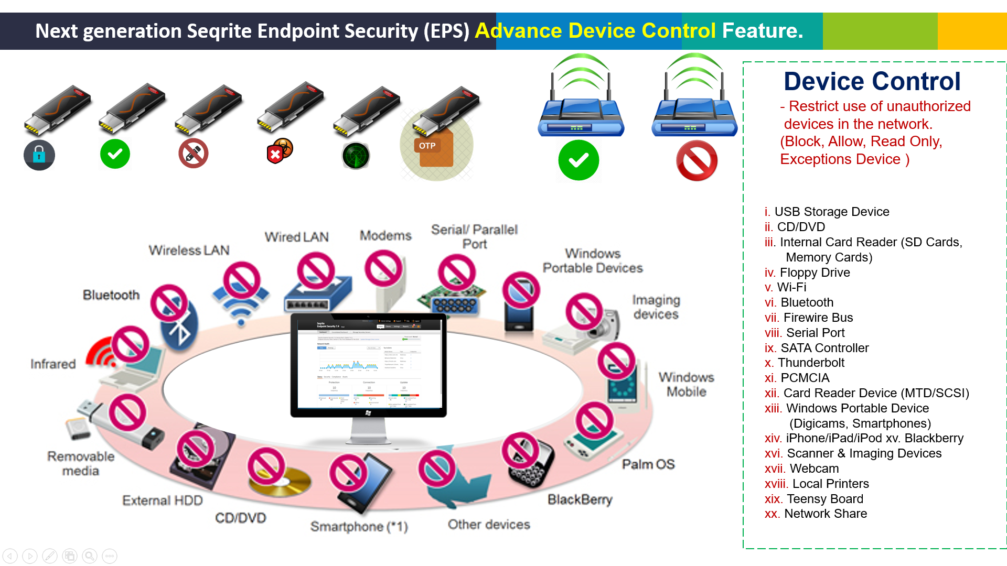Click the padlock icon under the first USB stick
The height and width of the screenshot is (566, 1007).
[39, 155]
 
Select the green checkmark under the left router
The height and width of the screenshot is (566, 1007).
[579, 160]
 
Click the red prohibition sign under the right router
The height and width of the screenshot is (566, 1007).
[697, 161]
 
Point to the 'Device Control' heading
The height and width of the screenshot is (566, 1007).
[872, 82]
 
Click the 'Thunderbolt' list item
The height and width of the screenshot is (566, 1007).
[811, 363]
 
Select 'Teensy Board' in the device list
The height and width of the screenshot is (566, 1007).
[824, 499]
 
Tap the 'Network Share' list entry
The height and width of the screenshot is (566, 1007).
[825, 514]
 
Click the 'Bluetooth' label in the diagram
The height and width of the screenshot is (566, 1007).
[111, 295]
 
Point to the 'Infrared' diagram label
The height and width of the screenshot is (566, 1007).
[53, 364]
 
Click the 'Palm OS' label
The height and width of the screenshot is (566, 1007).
[648, 464]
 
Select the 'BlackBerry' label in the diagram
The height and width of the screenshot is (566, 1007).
[580, 499]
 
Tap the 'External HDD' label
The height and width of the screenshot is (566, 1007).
[163, 500]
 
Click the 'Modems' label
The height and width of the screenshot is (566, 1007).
[385, 236]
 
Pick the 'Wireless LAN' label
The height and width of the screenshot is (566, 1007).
[189, 251]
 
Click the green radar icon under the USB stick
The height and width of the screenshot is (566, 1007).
[356, 156]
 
